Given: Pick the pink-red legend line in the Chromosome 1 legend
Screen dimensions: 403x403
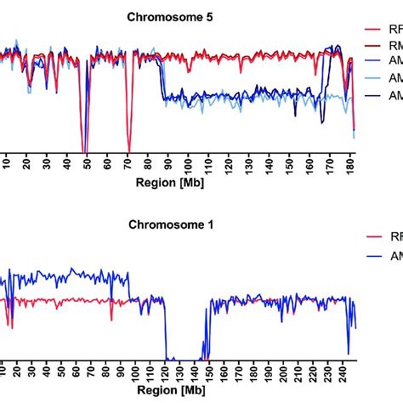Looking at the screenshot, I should (374, 238).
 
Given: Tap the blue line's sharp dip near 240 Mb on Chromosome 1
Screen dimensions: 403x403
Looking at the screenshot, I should (349, 352).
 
